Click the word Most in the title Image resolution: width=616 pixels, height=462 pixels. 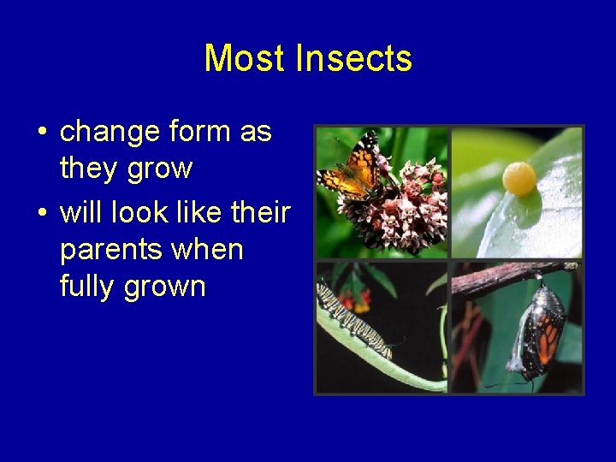pyautogui.click(x=246, y=59)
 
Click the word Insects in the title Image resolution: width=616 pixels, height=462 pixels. pyautogui.click(x=353, y=59)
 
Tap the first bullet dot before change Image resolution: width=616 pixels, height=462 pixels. pyautogui.click(x=41, y=133)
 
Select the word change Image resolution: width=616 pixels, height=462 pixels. pyautogui.click(x=110, y=133)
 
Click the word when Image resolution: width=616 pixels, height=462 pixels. pyautogui.click(x=208, y=250)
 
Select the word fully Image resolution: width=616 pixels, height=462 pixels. pyautogui.click(x=87, y=287)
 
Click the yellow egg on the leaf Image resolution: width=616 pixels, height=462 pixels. pyautogui.click(x=519, y=179)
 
